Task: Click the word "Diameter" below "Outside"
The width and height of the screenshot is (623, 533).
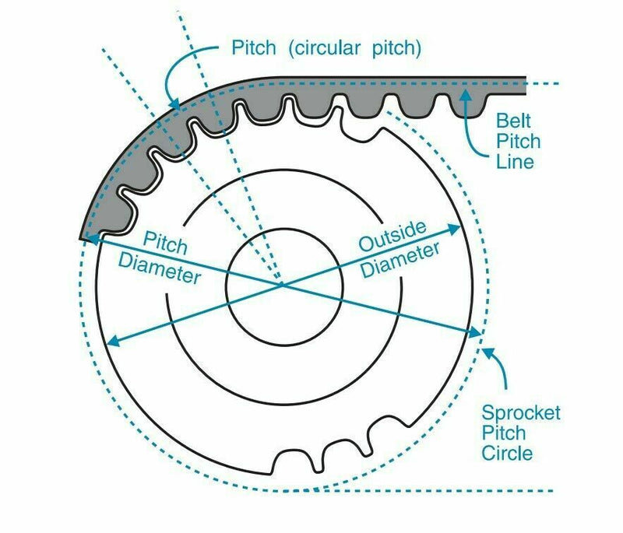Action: click(401, 260)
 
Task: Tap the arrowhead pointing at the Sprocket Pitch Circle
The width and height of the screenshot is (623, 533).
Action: click(487, 350)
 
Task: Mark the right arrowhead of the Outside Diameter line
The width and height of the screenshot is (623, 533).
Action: click(458, 227)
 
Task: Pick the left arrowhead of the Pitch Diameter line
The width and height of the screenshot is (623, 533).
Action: click(87, 240)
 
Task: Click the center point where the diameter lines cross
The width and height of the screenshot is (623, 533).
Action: click(282, 286)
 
